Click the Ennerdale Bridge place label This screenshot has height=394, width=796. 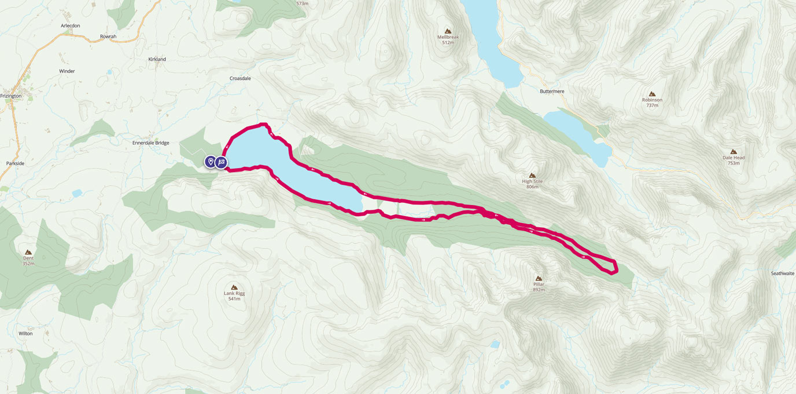click(x=150, y=143)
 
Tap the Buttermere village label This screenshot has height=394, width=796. click(x=551, y=92)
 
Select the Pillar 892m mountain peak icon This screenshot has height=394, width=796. click(x=539, y=278)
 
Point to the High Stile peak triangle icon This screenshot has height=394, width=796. click(x=532, y=175)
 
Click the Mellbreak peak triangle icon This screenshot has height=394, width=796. click(x=447, y=31)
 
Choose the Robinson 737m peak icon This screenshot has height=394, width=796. click(x=652, y=94)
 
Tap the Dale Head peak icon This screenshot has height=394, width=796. click(x=734, y=151)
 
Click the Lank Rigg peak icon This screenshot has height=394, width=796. click(x=234, y=287)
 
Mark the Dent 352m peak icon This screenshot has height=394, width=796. click(x=28, y=252)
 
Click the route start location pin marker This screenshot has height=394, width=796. click(x=211, y=162)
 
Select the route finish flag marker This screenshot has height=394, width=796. click(x=222, y=162)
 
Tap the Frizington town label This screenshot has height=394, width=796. click(x=11, y=96)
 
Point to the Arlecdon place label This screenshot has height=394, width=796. click(x=70, y=25)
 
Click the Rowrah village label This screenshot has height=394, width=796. click(x=108, y=37)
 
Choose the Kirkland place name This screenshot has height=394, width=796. click(x=157, y=59)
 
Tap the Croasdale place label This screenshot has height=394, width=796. click(x=240, y=78)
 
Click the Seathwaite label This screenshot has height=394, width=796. click(x=782, y=273)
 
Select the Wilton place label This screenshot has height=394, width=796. click(x=25, y=334)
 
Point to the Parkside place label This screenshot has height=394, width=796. click(x=15, y=163)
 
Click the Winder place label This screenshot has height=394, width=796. click(x=67, y=71)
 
